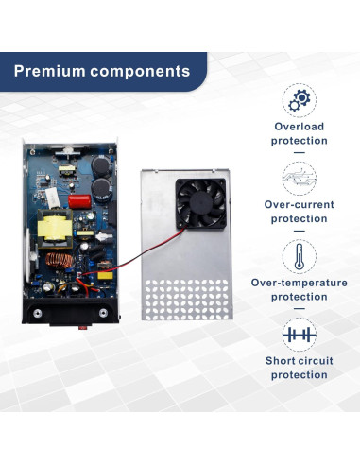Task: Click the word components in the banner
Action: [x=143, y=71]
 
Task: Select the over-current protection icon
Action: [x=300, y=178]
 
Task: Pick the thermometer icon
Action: [x=300, y=255]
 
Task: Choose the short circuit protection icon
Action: [x=300, y=334]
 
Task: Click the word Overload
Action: [x=300, y=126]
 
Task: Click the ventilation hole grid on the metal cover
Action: [x=185, y=294]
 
